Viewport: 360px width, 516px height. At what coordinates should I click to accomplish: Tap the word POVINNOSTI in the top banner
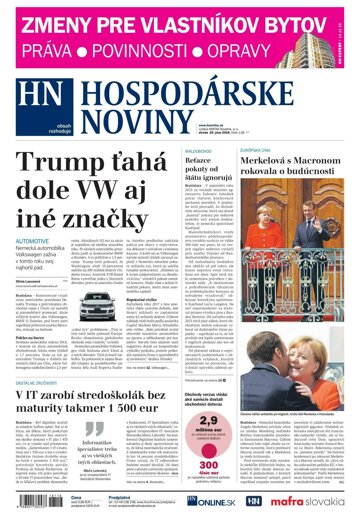pyautogui.click(x=158, y=48)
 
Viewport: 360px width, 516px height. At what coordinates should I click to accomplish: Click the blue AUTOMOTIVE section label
pyautogui.click(x=35, y=242)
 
